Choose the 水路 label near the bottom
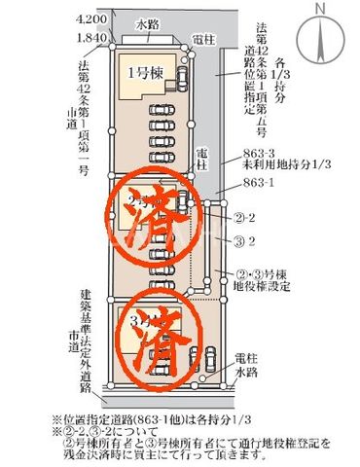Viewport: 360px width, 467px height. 248,371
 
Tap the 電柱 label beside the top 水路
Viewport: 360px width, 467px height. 204,39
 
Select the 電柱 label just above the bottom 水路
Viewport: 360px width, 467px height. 248,357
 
